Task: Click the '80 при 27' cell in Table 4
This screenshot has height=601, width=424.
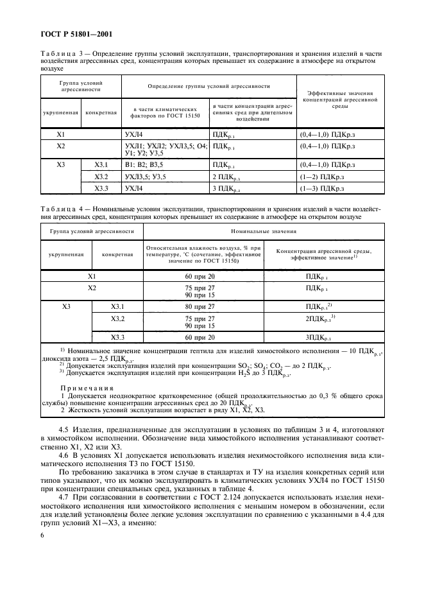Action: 203,306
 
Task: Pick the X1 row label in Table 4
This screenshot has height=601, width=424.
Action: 92,275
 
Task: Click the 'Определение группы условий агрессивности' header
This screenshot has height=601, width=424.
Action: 208,85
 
